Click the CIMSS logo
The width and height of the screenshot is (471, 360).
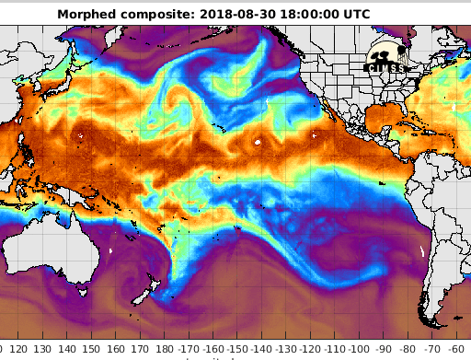[x=389, y=57]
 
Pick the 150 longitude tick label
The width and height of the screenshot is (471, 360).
[x=91, y=350]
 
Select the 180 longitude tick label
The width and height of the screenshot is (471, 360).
[x=164, y=350]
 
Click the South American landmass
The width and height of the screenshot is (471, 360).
[x=442, y=230]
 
